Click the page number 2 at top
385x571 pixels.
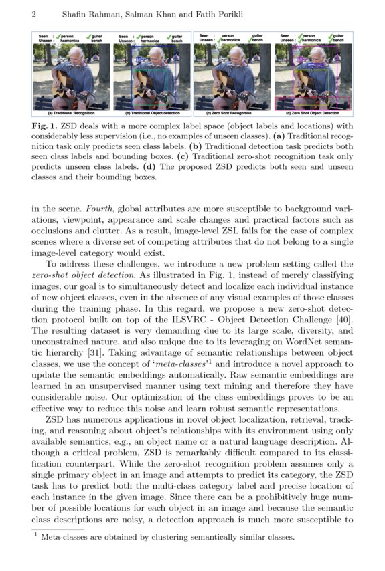[33, 14]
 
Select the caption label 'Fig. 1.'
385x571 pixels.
[45, 125]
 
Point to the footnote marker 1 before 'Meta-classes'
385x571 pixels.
[35, 534]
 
